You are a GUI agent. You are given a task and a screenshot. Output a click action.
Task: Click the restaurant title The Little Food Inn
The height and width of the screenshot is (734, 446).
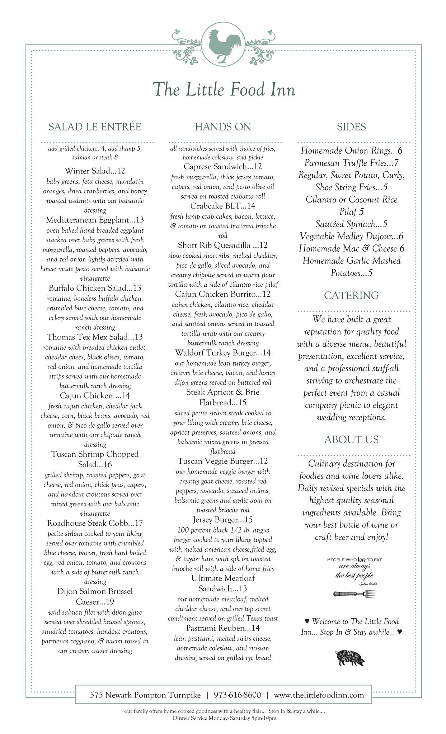(x=224, y=89)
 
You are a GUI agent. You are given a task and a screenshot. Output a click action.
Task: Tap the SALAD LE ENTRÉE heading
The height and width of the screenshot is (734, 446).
(x=95, y=127)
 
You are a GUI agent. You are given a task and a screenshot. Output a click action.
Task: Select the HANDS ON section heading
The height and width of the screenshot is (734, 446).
(x=223, y=127)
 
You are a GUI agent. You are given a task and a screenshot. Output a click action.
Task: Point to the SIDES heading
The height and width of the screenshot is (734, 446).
(x=351, y=127)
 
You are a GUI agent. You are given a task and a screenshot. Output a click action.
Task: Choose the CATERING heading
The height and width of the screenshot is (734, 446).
(x=351, y=295)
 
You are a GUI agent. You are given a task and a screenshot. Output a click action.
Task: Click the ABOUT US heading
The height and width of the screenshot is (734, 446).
(x=351, y=440)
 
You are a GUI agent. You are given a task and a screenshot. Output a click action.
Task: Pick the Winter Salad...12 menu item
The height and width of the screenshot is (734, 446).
(x=95, y=171)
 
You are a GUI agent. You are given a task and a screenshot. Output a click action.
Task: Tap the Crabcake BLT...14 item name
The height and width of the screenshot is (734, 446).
(x=223, y=206)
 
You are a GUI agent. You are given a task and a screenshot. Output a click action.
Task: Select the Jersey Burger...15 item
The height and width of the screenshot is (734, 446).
(x=223, y=520)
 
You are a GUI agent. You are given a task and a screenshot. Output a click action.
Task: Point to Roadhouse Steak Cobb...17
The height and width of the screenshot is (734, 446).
(x=95, y=523)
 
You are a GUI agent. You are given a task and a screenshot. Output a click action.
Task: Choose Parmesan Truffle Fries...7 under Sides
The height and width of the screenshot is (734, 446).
(x=351, y=163)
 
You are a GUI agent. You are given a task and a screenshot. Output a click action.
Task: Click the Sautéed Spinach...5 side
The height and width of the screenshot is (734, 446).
(x=351, y=224)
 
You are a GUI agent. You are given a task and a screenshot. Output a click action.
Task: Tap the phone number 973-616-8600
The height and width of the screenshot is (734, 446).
(x=237, y=695)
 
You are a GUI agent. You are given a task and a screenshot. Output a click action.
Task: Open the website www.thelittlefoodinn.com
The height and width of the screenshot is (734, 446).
(x=319, y=695)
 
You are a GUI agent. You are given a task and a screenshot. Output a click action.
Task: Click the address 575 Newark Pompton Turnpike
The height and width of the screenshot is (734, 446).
(x=145, y=695)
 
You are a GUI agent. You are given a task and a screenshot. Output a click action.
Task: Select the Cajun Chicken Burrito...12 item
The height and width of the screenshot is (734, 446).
(x=223, y=294)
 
